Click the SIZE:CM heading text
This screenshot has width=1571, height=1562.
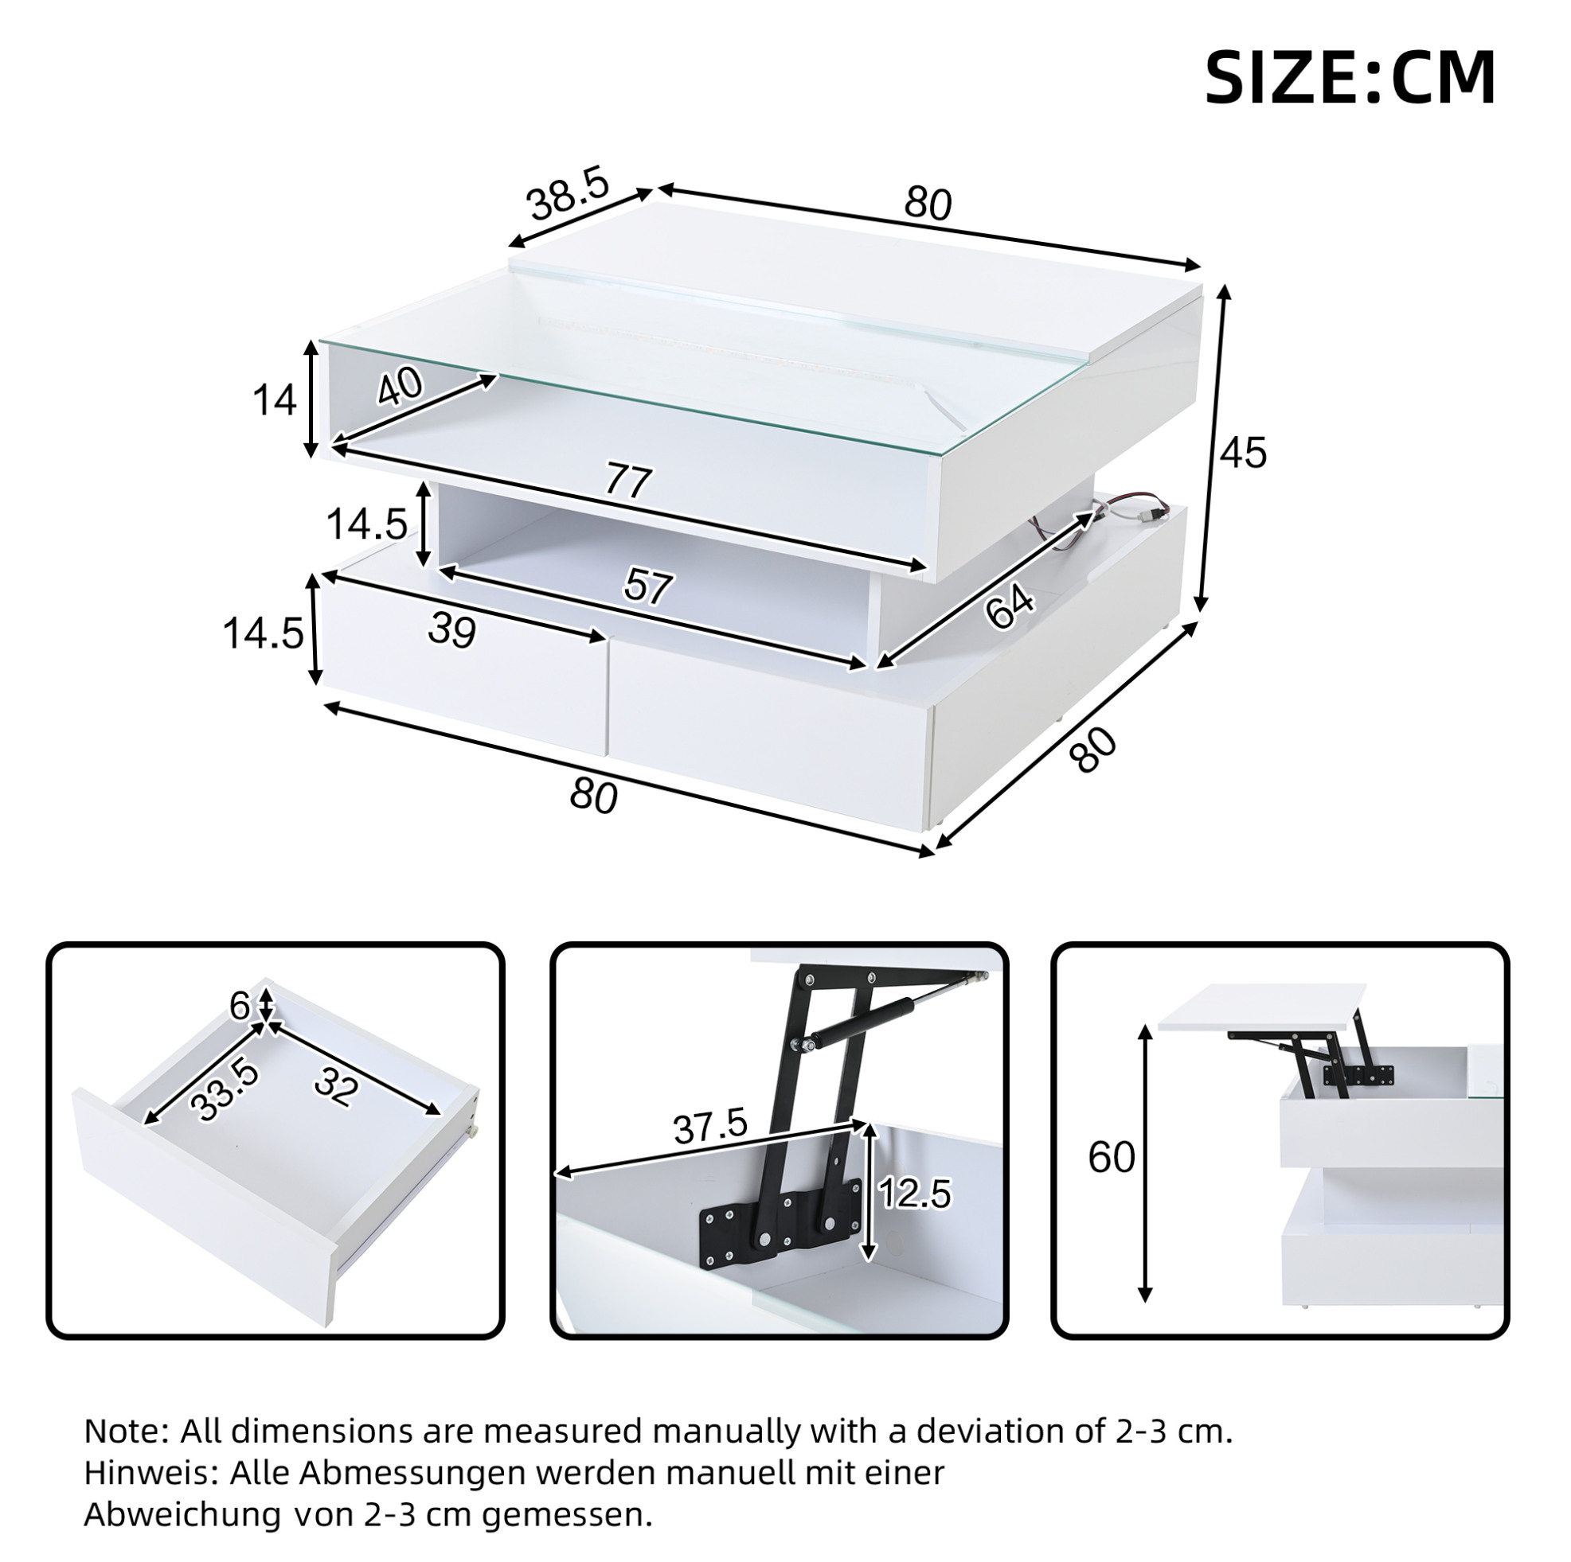1349,78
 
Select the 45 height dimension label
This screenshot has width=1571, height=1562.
1243,452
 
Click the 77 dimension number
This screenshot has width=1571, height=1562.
628,482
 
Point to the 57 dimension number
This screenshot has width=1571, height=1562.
648,586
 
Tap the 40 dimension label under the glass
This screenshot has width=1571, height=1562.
400,385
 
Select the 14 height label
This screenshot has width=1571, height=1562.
274,401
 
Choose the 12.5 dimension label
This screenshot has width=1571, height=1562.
915,1194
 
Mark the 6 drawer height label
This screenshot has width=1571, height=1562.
240,1006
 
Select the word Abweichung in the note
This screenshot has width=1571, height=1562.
183,1516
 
